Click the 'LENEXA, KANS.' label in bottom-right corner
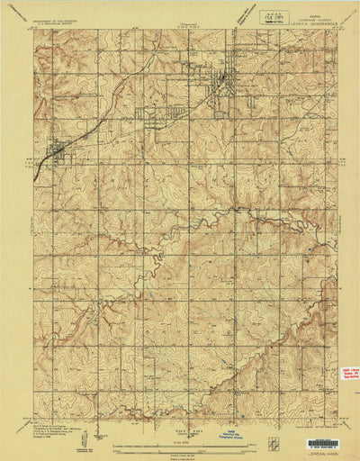[x=320, y=451]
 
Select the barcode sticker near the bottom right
[x=323, y=443]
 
